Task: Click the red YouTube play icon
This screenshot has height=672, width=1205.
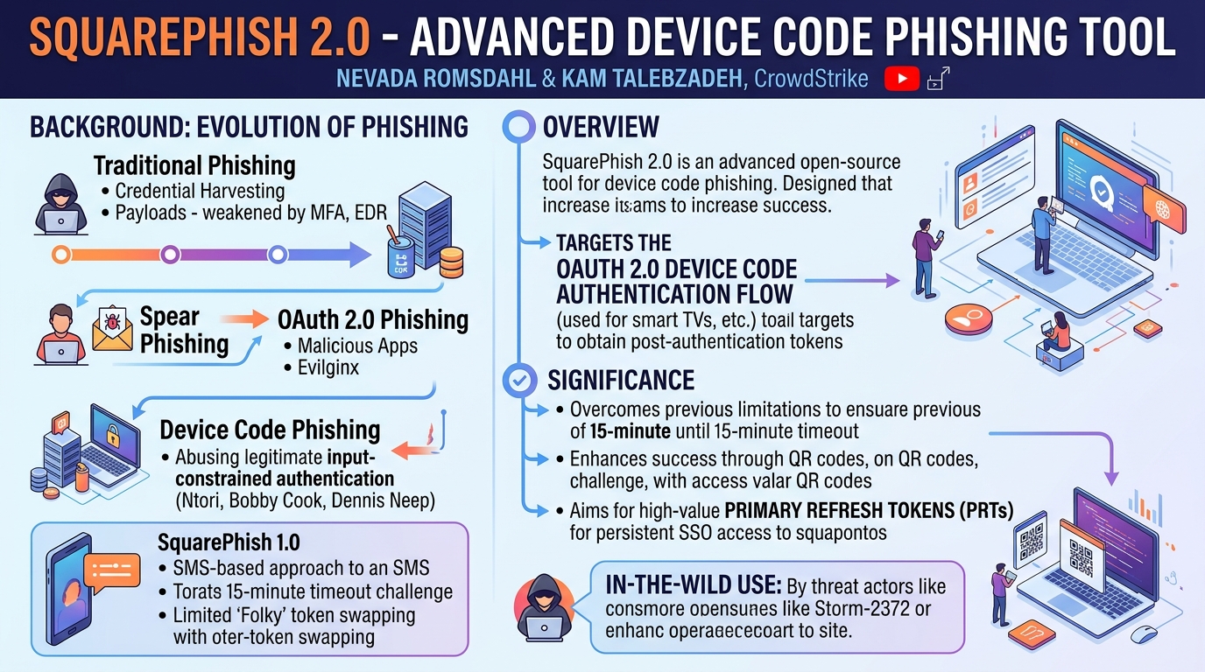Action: [x=902, y=79]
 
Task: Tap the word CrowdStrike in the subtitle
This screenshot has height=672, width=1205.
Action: [x=811, y=79]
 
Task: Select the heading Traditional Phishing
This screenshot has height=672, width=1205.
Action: [x=194, y=165]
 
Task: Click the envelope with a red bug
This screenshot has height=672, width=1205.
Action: [x=112, y=330]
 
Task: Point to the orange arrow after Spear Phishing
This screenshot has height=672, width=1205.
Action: [x=244, y=319]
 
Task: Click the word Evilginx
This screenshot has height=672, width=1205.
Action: [x=328, y=367]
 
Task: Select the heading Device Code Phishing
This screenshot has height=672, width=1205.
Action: [x=270, y=430]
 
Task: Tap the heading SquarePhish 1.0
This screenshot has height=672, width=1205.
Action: [x=229, y=542]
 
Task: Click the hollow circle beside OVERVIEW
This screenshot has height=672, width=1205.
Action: [x=518, y=127]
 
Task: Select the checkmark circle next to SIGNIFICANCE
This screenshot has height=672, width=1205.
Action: [x=519, y=381]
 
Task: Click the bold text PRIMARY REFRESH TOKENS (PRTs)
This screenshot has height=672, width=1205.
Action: [x=869, y=510]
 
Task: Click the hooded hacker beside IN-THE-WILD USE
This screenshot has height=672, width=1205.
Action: [x=543, y=607]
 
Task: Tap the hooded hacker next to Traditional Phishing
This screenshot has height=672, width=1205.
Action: [x=60, y=204]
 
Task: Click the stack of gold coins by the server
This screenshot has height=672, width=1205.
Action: [x=451, y=262]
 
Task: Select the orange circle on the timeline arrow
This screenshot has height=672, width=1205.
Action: [x=61, y=255]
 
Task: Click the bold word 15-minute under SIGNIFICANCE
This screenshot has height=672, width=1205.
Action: [x=630, y=431]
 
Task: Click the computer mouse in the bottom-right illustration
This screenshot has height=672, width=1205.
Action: [x=1144, y=634]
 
